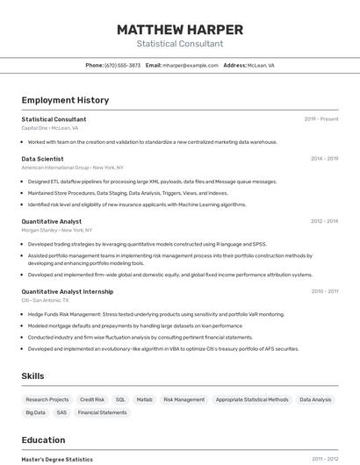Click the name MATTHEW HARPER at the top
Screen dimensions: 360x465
(180, 30)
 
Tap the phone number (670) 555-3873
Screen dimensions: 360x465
(122, 65)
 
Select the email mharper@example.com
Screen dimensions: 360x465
(188, 65)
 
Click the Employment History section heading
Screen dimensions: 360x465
(65, 100)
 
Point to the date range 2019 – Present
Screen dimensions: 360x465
(321, 119)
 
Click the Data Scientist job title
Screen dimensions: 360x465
(42, 159)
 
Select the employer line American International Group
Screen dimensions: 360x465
(72, 167)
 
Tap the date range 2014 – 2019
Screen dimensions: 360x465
(324, 159)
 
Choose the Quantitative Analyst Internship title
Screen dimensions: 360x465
(68, 291)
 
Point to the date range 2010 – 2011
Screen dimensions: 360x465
(324, 291)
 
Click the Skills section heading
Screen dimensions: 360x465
(33, 376)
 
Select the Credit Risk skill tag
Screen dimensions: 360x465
(92, 399)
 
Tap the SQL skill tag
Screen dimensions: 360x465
(120, 399)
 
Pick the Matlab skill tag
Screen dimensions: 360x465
(144, 399)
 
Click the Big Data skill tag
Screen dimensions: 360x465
(36, 412)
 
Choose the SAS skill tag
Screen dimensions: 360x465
(61, 412)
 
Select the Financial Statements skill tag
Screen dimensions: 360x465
(102, 412)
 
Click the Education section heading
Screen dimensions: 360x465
(44, 440)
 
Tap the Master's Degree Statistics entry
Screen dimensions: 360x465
(57, 459)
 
